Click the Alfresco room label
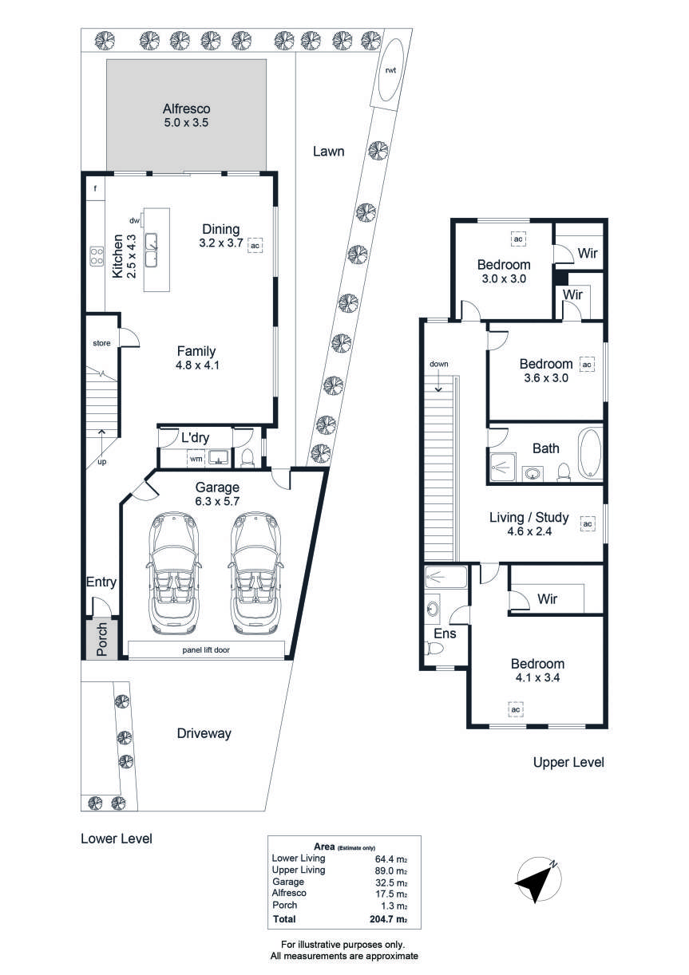186,109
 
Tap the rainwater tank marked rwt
390,69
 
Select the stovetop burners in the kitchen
97,256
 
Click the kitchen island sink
152,250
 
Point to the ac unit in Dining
255,246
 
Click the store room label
101,343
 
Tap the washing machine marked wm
196,459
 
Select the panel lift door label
206,649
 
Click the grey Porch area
101,638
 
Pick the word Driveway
204,733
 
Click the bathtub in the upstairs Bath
590,454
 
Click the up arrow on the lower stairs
102,442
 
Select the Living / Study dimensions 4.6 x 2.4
529,531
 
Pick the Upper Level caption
568,762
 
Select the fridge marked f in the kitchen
95,189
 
